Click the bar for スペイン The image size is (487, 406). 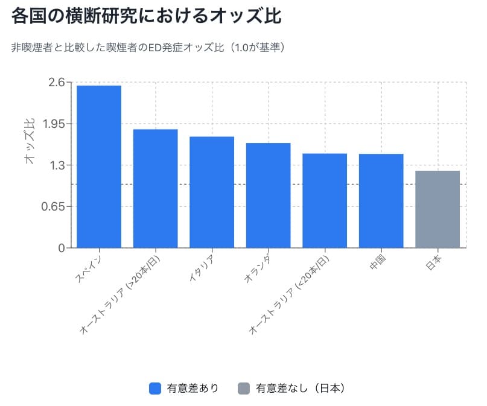point(99,167)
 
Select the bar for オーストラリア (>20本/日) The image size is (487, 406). point(155,188)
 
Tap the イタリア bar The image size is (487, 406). point(212,192)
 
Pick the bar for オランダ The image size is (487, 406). point(268,195)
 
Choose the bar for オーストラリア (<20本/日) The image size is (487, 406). point(325,200)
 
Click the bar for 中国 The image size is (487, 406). point(381,200)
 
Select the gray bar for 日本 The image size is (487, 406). point(438,209)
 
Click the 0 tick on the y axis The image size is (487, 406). point(62,248)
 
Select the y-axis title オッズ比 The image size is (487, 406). point(29,142)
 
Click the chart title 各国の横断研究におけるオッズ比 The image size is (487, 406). point(146,17)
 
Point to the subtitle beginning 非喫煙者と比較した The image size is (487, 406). point(148,47)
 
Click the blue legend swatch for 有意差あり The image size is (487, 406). point(154,389)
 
